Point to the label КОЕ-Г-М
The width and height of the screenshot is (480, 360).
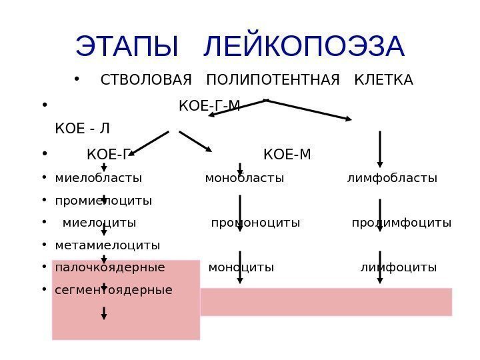(210, 105)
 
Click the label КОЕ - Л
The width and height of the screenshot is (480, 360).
(83, 127)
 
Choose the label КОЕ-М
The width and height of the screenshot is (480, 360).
(287, 155)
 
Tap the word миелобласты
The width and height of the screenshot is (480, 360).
(99, 178)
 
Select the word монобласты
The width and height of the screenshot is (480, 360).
(245, 178)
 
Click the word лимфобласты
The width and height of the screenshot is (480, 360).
(392, 178)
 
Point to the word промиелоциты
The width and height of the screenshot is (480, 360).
(103, 200)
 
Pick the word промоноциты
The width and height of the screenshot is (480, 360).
(255, 222)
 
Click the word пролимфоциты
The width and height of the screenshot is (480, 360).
(401, 222)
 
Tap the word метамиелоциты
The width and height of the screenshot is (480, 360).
(108, 245)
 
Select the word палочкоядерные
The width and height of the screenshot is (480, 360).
(110, 267)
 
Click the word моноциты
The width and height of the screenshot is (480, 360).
(241, 267)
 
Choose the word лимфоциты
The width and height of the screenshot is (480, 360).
(399, 267)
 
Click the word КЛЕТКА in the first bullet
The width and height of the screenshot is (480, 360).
(385, 81)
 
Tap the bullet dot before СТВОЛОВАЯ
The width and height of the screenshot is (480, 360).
(78, 81)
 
